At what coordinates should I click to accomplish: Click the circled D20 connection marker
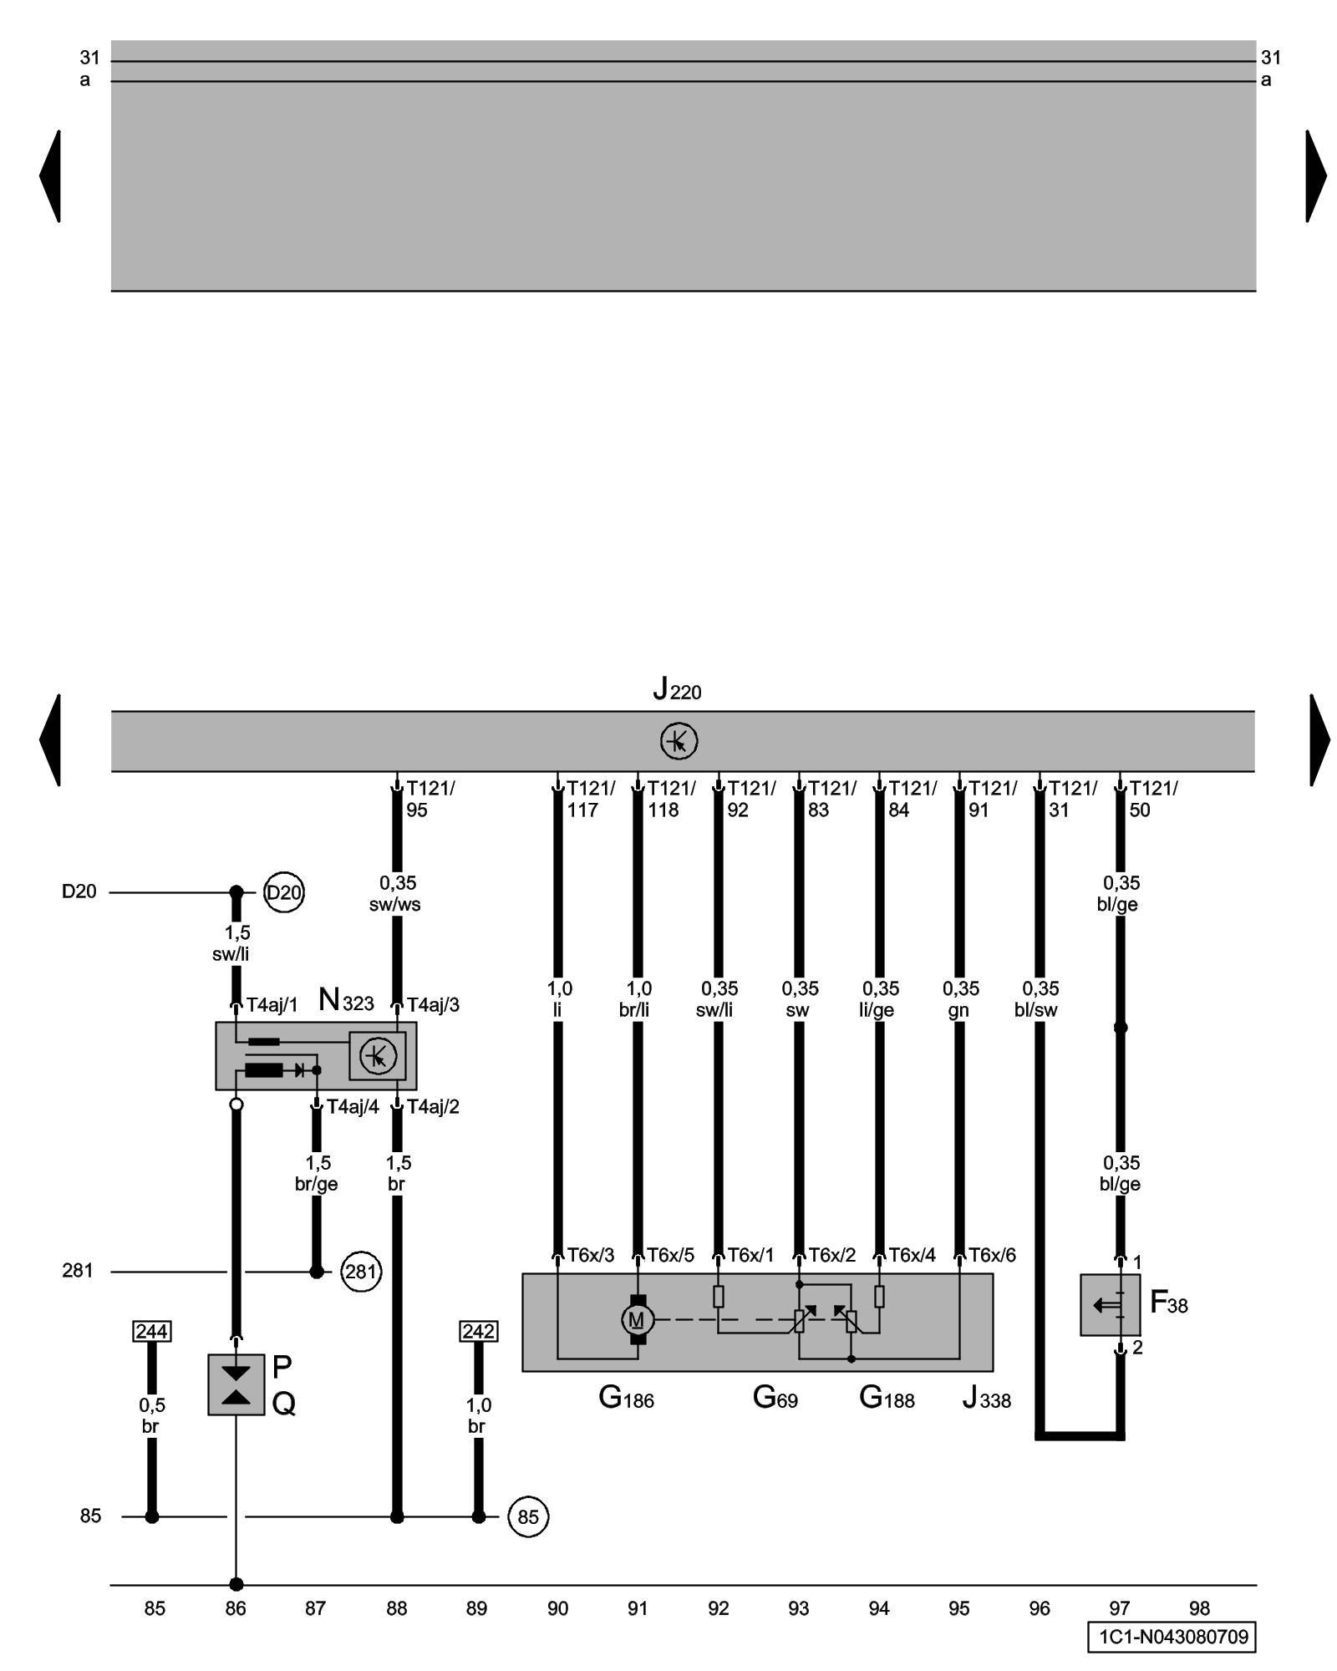(283, 892)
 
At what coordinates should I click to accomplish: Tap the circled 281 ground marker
(361, 1272)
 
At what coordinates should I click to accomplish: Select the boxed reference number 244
(151, 1331)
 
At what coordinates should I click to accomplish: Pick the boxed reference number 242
(479, 1331)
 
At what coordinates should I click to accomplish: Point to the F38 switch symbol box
(1110, 1304)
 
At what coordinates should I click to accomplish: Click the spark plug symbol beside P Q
(236, 1384)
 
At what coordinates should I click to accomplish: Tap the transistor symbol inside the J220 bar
(679, 741)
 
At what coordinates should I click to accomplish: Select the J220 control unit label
(677, 690)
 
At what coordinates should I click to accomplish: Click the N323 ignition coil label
(346, 1000)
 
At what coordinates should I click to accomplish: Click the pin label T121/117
(589, 799)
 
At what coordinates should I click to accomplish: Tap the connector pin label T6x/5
(670, 1255)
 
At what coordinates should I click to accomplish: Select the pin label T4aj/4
(353, 1107)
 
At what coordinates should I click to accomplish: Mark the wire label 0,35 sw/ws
(396, 894)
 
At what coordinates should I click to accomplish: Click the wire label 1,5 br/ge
(317, 1173)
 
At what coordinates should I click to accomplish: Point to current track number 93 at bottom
(799, 1608)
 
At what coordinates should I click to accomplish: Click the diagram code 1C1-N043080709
(1172, 1636)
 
